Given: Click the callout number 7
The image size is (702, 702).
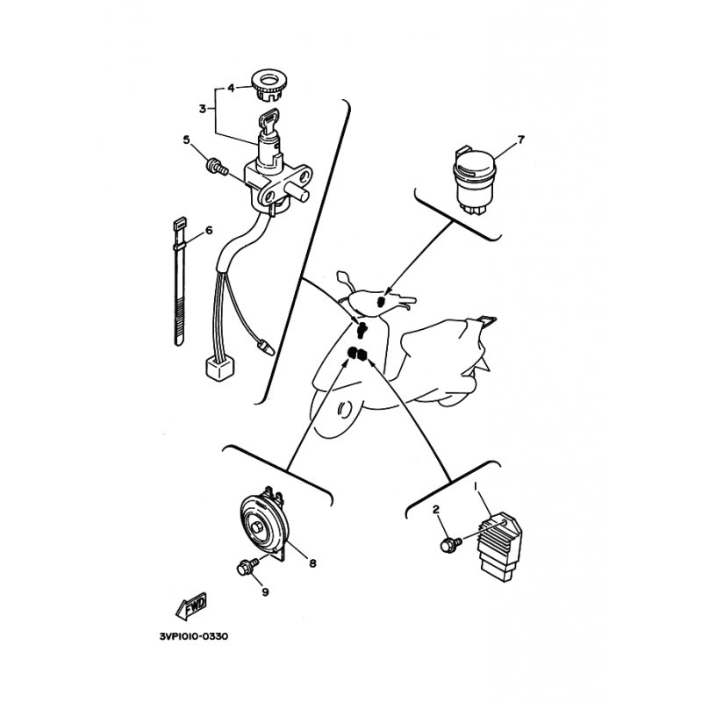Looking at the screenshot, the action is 520,140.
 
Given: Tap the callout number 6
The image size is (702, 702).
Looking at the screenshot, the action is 209,231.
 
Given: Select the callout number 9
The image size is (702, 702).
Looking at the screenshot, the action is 266,591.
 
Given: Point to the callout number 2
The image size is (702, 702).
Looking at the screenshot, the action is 435,510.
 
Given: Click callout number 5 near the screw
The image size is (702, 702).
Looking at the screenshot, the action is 186,140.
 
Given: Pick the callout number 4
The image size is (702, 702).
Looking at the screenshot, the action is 231,88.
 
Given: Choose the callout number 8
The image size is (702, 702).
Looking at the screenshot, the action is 312,562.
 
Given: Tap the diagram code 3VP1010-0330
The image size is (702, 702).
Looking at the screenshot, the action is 193,636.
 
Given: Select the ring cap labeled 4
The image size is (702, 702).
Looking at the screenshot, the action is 270,85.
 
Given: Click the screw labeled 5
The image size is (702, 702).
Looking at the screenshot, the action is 217,168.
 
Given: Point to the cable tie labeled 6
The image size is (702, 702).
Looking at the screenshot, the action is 179,281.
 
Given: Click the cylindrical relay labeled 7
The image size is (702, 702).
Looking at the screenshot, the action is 475,180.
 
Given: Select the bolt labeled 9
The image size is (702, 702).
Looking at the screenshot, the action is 247,567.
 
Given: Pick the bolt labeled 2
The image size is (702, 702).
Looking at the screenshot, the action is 450,544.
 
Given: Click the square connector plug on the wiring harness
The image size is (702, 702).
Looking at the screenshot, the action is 219,369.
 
